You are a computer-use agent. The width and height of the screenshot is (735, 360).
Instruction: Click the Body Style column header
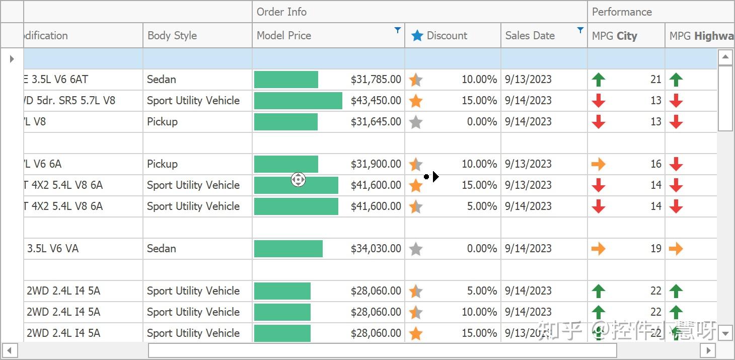[x=172, y=36]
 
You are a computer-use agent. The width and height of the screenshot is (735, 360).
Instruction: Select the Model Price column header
[x=284, y=36]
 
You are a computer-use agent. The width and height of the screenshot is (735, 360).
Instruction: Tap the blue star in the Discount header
[x=417, y=36]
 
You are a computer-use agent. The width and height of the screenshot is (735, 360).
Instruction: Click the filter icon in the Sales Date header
[x=580, y=30]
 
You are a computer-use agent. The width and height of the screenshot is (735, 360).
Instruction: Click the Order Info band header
[x=281, y=12]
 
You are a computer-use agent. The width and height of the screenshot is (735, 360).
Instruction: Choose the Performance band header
[x=622, y=12]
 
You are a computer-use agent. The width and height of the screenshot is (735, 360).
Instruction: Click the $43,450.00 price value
[x=376, y=101]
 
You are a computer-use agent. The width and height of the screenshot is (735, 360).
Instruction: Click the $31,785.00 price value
[x=376, y=80]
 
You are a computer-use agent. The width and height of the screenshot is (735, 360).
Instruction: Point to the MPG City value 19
[x=655, y=249]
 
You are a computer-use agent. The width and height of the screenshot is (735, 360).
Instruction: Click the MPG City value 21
[x=655, y=80]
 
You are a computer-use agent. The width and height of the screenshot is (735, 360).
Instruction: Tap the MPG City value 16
[x=655, y=164]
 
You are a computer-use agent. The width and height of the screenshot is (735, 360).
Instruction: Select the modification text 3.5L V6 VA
[x=53, y=249]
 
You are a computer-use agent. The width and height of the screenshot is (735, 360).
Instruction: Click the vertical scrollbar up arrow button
[x=725, y=57]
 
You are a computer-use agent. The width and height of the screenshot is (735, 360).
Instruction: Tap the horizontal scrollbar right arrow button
[x=708, y=350]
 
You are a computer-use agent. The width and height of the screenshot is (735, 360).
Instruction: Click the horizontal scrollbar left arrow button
[x=9, y=350]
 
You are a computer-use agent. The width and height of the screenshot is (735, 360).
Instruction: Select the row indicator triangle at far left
[x=12, y=59]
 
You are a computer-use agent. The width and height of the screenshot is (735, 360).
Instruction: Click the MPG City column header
[x=615, y=36]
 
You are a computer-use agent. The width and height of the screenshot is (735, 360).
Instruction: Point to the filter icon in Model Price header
[x=398, y=30]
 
